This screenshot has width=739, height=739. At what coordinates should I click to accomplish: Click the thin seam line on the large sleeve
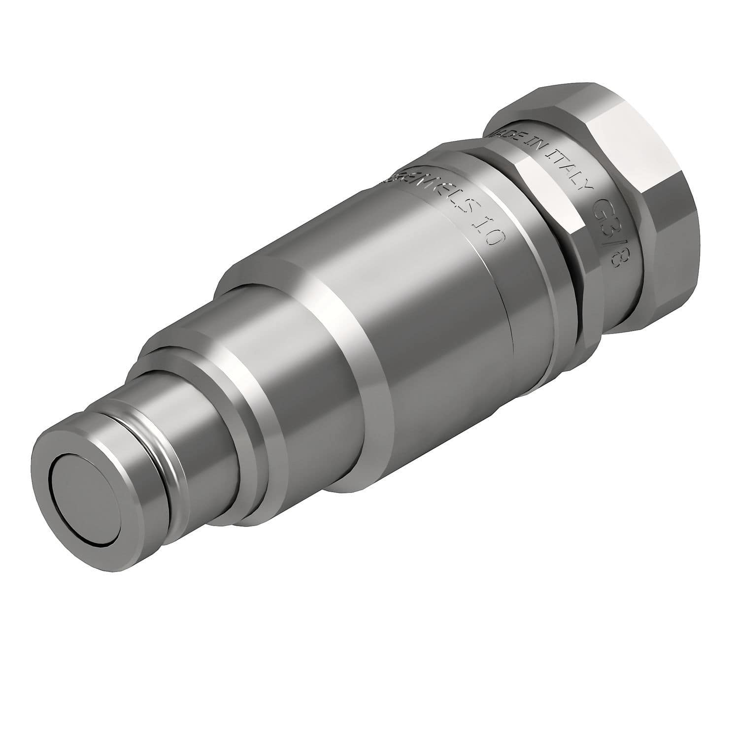503,315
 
